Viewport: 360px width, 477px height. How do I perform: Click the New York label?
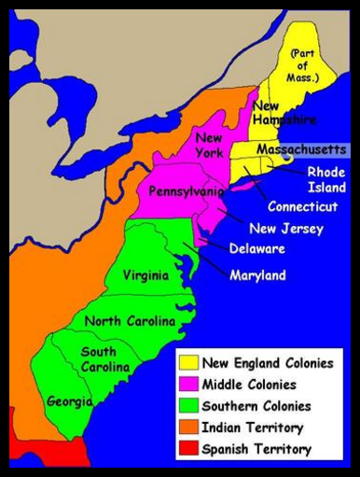click(x=208, y=146)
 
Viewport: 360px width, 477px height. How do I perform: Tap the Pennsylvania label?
click(x=187, y=190)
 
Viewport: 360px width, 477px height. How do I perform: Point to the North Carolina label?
click(x=130, y=321)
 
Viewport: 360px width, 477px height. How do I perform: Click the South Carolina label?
click(x=98, y=359)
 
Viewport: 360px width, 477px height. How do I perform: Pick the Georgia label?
click(x=69, y=401)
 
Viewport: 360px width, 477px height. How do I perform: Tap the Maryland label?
click(x=258, y=275)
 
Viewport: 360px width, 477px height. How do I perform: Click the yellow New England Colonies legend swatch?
click(x=188, y=363)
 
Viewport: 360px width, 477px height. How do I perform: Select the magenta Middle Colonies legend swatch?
click(x=188, y=385)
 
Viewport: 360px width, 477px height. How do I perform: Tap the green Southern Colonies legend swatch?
click(x=188, y=406)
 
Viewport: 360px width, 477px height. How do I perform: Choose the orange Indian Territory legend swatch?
click(x=188, y=428)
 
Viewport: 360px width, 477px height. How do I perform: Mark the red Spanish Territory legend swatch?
click(x=188, y=449)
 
